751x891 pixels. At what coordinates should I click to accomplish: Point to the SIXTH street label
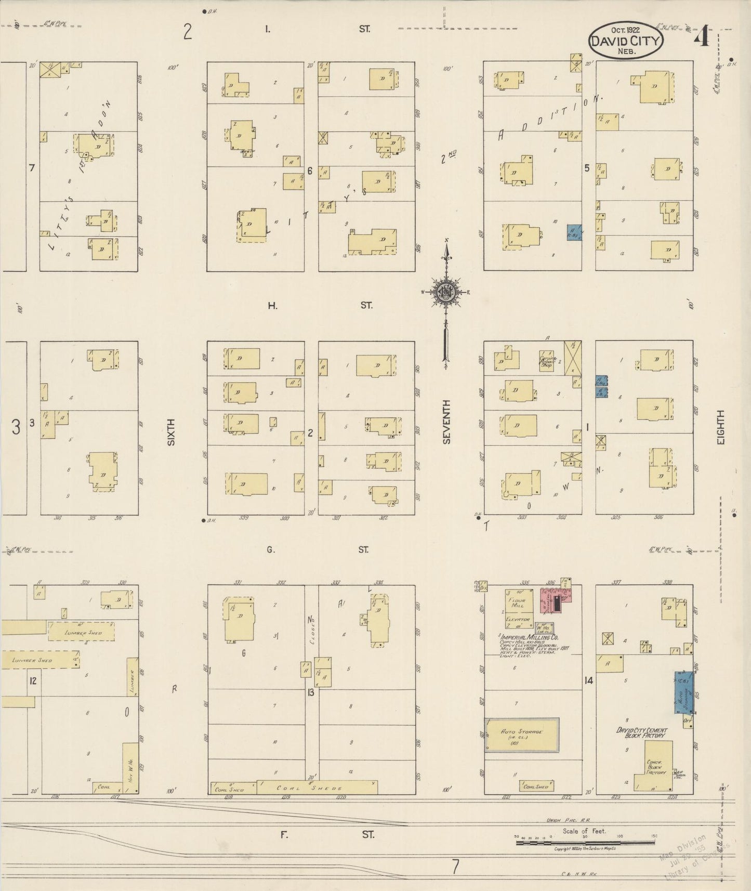[170, 431]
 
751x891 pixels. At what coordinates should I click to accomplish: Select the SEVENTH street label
[446, 422]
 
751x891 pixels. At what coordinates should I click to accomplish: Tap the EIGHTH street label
[720, 427]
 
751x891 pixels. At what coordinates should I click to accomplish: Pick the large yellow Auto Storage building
[521, 735]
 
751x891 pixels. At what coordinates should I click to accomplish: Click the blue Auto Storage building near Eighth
[683, 692]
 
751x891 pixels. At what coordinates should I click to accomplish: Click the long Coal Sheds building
[317, 787]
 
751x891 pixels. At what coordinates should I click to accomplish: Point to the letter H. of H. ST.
[272, 306]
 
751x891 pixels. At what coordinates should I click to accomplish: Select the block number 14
[588, 680]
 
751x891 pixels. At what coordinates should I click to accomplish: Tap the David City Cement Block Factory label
[641, 733]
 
